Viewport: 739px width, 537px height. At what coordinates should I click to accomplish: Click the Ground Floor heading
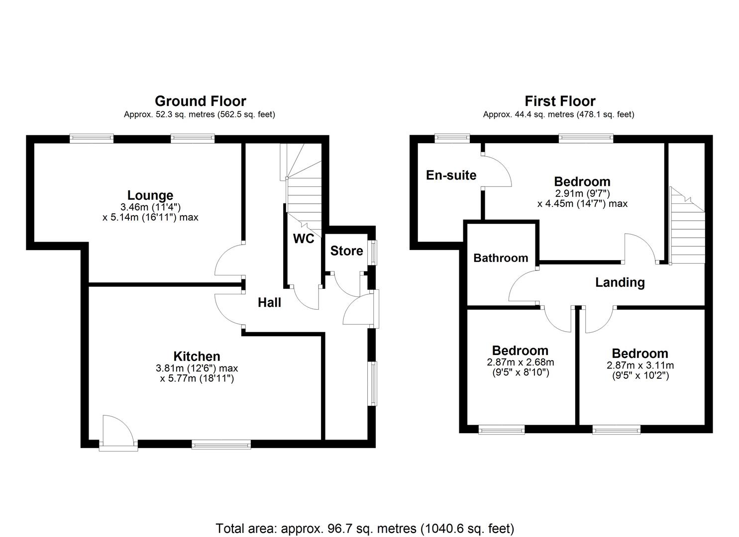tap(200, 101)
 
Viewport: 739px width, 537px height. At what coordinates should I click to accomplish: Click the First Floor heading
tap(560, 101)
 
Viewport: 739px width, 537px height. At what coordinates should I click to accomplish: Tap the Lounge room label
tap(150, 195)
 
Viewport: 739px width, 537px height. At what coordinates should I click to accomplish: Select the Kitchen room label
tap(197, 356)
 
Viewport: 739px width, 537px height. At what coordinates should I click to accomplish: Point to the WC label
tap(303, 239)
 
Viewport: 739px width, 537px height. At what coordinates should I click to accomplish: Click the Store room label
tap(346, 251)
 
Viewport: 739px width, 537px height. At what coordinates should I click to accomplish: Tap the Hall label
tap(269, 302)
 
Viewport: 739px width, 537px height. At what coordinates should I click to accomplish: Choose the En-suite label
tap(451, 175)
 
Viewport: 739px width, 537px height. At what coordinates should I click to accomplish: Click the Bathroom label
tap(501, 258)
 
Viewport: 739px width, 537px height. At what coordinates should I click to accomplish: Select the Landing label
tap(620, 282)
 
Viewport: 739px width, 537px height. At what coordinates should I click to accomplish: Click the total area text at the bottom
tap(365, 528)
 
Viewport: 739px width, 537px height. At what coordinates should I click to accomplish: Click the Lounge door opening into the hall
tap(229, 259)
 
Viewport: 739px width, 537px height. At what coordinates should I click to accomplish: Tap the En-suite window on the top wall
tap(452, 139)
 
